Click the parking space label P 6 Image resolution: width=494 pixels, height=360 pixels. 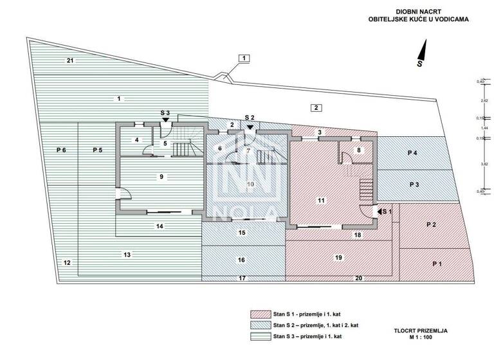[61, 150]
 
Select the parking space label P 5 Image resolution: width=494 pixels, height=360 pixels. [97, 150]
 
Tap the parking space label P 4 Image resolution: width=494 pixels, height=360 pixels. [412, 152]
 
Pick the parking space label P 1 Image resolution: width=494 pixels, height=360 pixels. [438, 264]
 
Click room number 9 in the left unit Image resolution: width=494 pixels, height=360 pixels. [162, 175]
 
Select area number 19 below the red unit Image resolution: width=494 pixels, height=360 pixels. [338, 257]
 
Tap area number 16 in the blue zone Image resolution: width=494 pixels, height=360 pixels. [242, 260]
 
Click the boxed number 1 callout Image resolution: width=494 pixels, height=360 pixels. [244, 59]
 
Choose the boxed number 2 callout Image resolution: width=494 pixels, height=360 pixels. [316, 107]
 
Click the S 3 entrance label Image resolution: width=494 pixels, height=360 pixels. [165, 113]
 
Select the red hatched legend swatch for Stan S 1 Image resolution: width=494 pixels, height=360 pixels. [260, 314]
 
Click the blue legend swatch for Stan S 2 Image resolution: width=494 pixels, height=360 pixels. [260, 325]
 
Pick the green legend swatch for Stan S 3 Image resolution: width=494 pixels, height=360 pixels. [260, 336]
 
